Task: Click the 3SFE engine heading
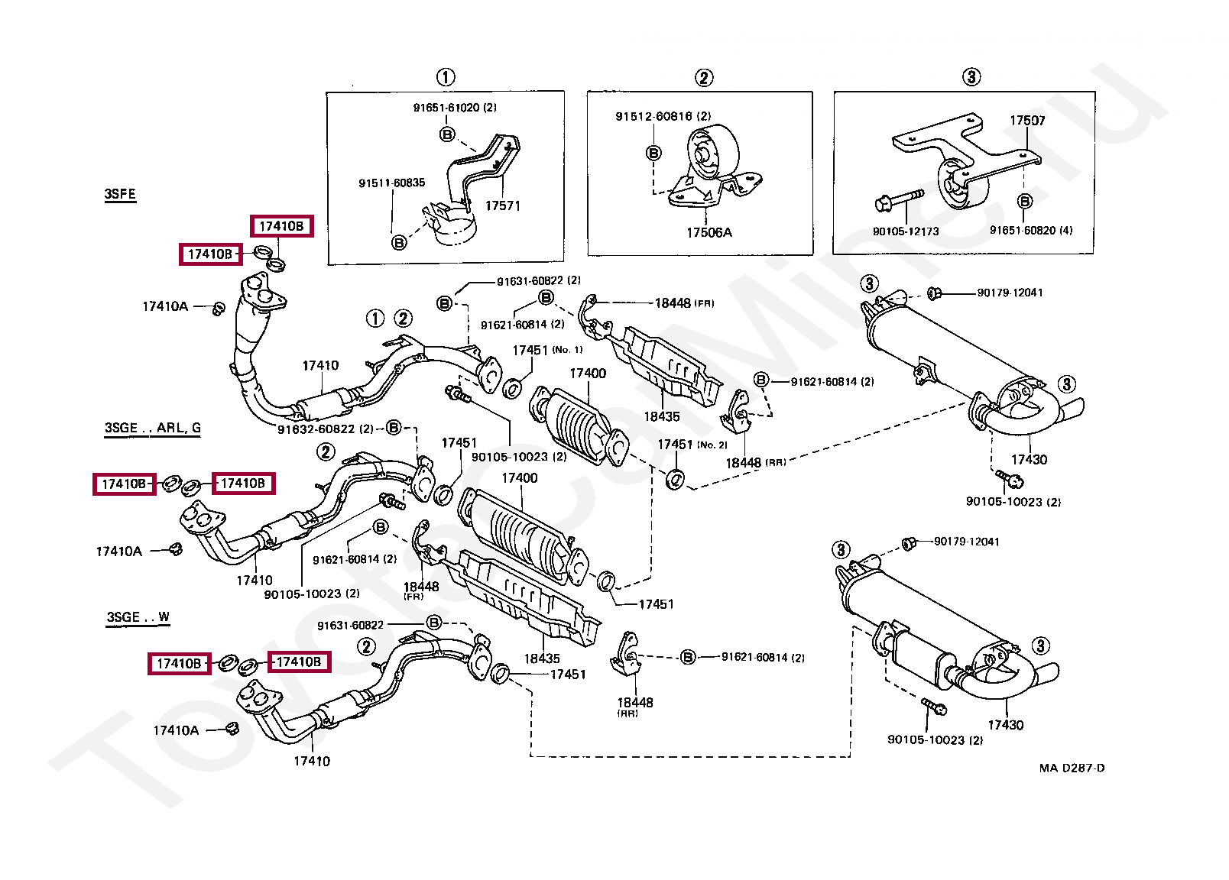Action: [120, 194]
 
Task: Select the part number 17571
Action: [503, 205]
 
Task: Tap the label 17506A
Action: [709, 232]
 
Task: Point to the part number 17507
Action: [1027, 120]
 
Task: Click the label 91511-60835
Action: [392, 183]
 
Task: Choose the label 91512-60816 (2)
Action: [663, 116]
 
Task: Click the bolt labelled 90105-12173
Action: [900, 201]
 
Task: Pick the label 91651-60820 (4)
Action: [1031, 230]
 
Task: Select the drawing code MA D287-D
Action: [1072, 768]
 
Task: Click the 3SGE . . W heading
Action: [138, 617]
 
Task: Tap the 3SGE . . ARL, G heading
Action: [153, 428]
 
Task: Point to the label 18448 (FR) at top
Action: [684, 303]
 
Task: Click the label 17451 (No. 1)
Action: [547, 350]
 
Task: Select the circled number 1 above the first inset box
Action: [446, 77]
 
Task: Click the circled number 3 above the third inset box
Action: [971, 76]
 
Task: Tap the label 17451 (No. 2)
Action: [692, 444]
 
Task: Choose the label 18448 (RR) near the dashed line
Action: [755, 463]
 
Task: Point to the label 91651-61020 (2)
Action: [455, 108]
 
